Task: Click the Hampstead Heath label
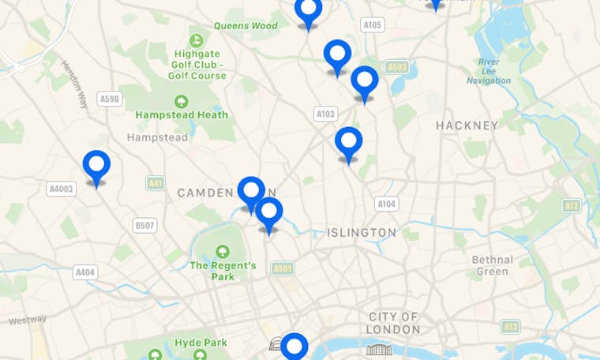coord(182,114)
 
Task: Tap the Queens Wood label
coord(246,25)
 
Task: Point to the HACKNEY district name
coord(467,125)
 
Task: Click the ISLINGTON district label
coord(362,232)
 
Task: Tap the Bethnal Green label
coord(492,265)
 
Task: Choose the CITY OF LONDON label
coord(394,323)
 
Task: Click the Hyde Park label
coord(201,343)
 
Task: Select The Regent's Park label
coord(223,271)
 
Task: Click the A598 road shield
coord(110,99)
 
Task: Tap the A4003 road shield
coord(61,189)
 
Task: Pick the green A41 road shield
coord(156,183)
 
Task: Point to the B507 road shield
coord(144,226)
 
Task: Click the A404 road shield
coord(85,272)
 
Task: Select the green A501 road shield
coord(283,268)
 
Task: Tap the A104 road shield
coord(386,204)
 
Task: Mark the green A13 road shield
coord(510,326)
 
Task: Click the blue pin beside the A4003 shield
coord(96,167)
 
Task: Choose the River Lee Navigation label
coord(489,71)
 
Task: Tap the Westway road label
coord(28,320)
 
